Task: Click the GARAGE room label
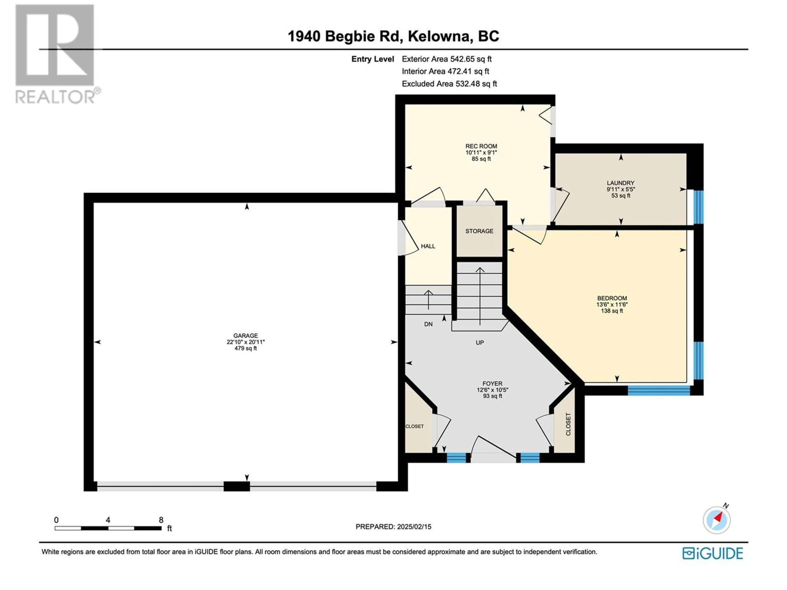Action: [246, 335]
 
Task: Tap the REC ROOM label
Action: [481, 146]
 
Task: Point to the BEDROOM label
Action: [612, 298]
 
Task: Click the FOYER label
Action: [492, 383]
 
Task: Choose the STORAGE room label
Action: [479, 231]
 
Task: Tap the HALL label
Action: [428, 246]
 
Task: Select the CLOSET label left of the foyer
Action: [414, 426]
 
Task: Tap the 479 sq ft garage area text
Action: [246, 348]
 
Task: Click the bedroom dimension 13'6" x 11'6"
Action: [612, 304]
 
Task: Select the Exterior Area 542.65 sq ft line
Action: [447, 59]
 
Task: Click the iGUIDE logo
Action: [713, 553]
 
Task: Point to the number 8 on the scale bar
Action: [161, 520]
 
